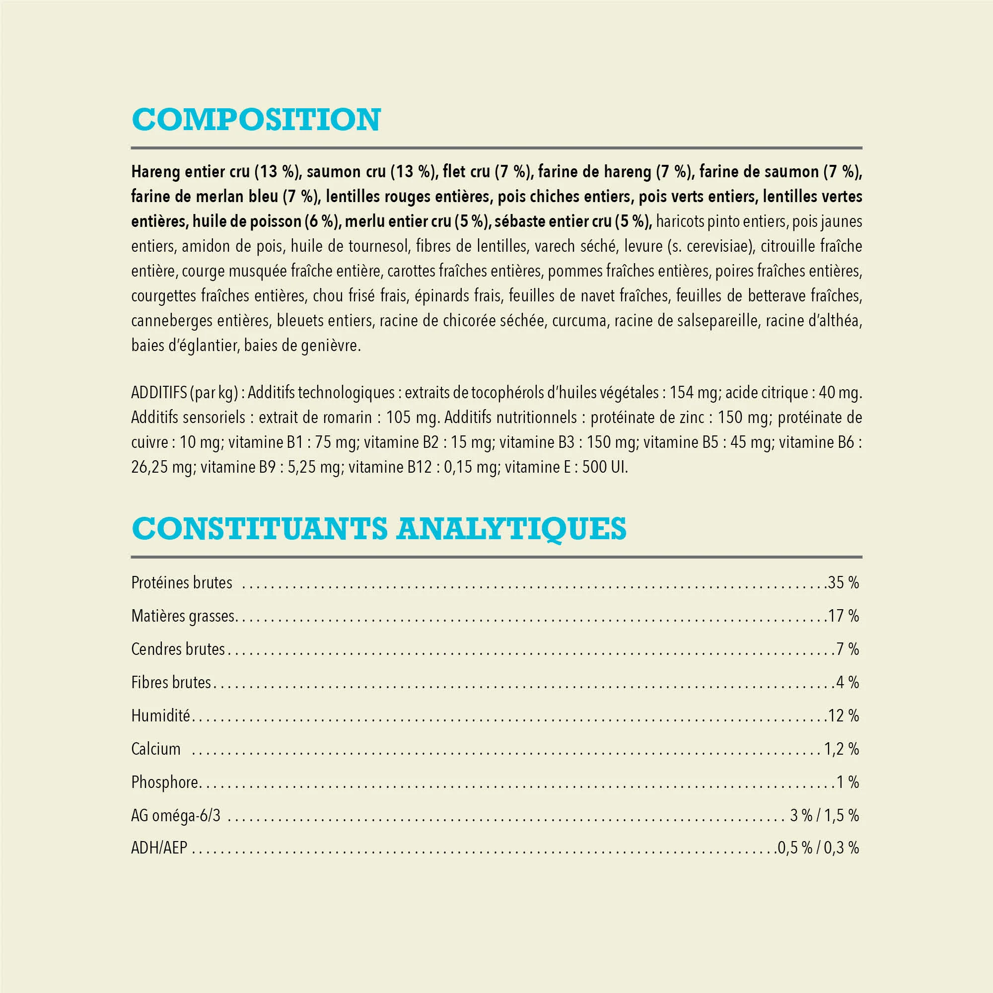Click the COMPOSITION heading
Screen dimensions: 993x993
(x=256, y=120)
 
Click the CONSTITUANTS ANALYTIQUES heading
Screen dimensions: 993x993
(x=379, y=528)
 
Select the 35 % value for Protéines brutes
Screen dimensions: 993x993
(x=844, y=583)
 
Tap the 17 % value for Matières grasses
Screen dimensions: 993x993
(x=844, y=616)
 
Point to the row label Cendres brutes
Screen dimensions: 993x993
(x=178, y=649)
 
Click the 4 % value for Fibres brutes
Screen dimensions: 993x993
(x=848, y=683)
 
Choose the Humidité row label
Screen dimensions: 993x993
(x=160, y=715)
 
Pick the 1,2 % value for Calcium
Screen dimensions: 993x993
(x=842, y=749)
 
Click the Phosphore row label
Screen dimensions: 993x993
(x=164, y=782)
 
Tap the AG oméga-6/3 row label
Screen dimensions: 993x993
(x=176, y=815)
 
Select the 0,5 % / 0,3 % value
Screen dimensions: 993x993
(x=818, y=848)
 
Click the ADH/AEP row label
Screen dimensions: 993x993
(x=159, y=848)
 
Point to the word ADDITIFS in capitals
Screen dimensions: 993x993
(x=159, y=393)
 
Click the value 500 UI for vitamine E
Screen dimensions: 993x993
(x=604, y=467)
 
